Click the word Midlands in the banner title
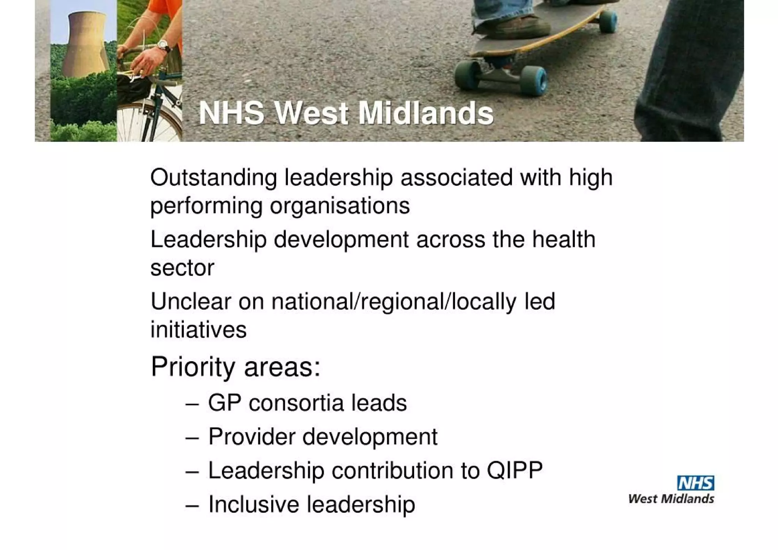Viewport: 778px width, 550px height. click(x=425, y=113)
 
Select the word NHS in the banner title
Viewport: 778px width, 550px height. click(x=231, y=113)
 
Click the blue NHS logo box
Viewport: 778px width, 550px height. click(x=695, y=483)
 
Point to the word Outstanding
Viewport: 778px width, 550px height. click(x=213, y=178)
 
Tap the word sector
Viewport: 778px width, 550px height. click(x=182, y=268)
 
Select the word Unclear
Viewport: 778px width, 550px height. click(x=191, y=301)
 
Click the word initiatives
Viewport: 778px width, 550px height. click(x=198, y=329)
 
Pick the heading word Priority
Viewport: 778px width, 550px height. click(x=193, y=367)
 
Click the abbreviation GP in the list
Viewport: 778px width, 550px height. click(x=225, y=403)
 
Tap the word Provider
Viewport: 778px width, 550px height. click(x=251, y=436)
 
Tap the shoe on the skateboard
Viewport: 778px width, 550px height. click(x=513, y=25)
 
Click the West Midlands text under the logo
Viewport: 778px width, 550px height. click(x=671, y=499)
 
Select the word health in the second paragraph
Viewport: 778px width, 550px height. click(x=563, y=239)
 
